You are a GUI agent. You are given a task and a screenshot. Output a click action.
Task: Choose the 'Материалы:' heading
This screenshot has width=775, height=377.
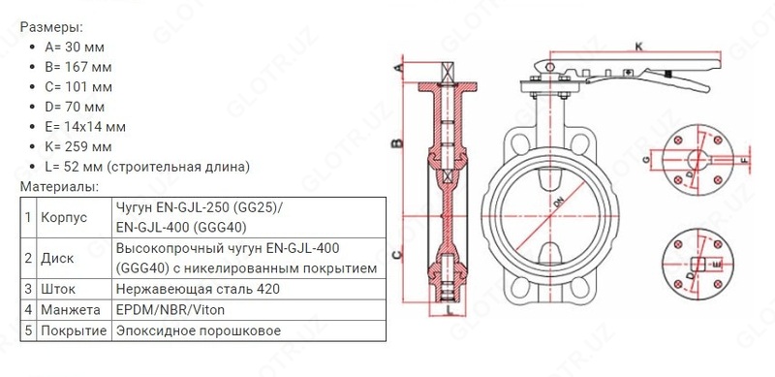coord(58,186)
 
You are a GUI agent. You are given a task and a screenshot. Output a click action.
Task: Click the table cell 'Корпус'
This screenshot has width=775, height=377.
coord(64,217)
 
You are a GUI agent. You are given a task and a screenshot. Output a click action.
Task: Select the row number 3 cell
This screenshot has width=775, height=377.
coord(29,289)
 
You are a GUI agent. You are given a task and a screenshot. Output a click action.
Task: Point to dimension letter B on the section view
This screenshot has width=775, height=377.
coord(395,143)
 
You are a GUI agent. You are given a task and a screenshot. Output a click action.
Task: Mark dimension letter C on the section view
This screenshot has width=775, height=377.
coord(395,254)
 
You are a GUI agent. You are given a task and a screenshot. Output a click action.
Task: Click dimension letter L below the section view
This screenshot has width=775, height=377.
coord(451,312)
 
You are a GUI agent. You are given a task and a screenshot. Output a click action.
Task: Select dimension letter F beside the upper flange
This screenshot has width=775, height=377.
coord(743,158)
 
